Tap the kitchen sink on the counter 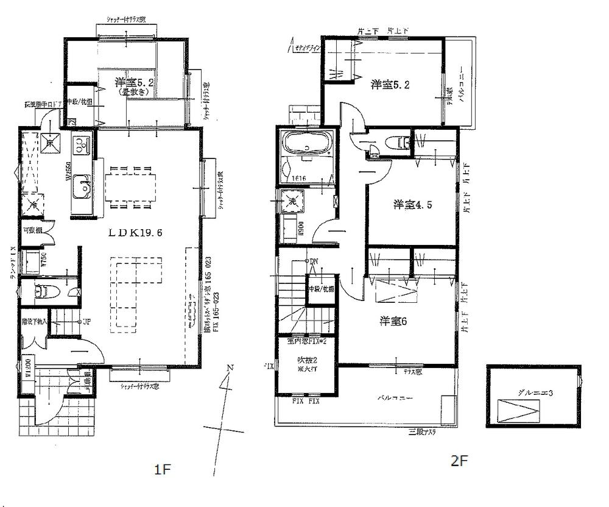pyautogui.click(x=81, y=190)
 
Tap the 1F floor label pyautogui.click(x=161, y=469)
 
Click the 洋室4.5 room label pyautogui.click(x=413, y=205)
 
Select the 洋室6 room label pyautogui.click(x=394, y=321)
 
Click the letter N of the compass pyautogui.click(x=229, y=367)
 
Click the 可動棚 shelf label pyautogui.click(x=32, y=231)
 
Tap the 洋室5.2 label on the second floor pyautogui.click(x=390, y=85)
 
